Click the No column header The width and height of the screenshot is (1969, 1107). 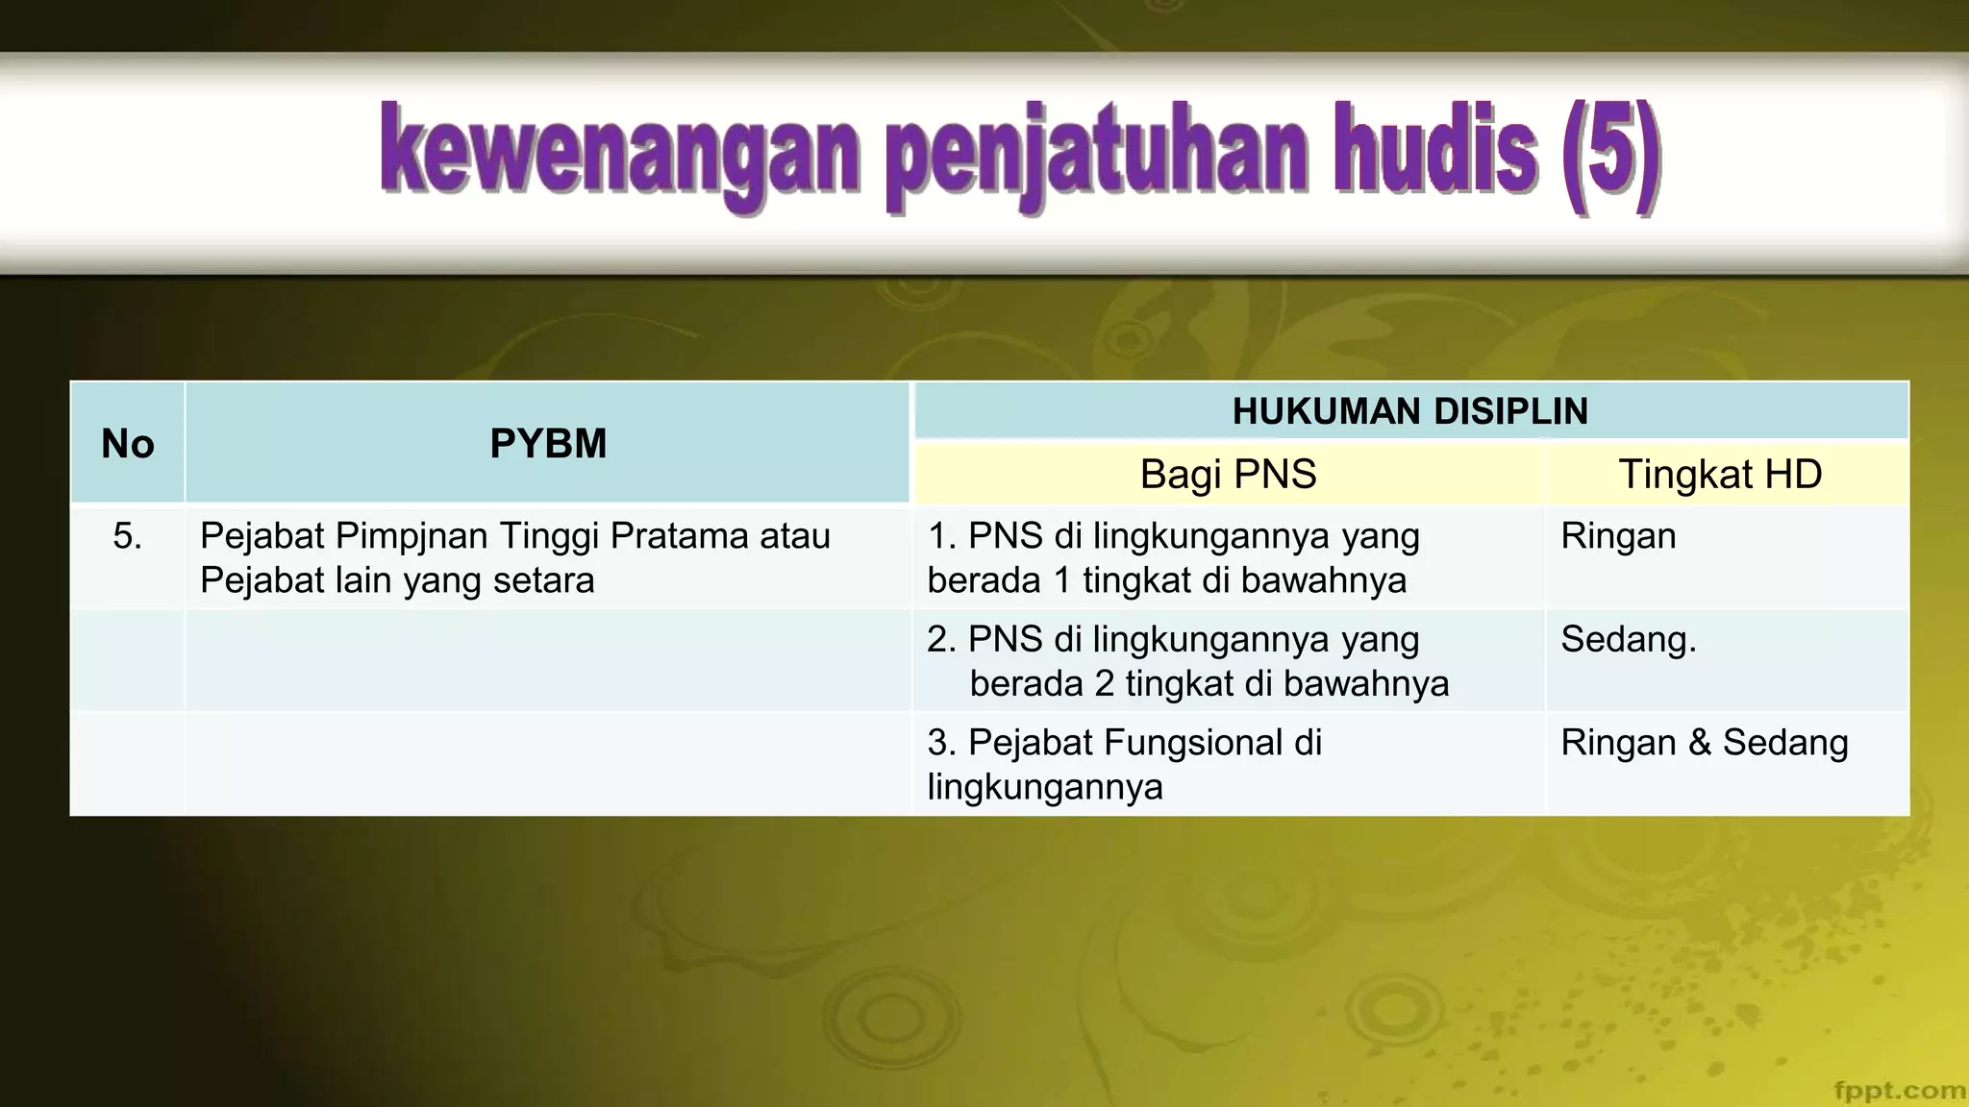(x=127, y=444)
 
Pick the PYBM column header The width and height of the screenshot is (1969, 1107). (x=548, y=444)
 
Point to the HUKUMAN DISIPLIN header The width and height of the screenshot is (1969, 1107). (x=1409, y=411)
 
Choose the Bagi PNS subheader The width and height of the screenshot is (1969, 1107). (x=1228, y=475)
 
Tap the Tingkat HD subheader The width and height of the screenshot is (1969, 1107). (x=1720, y=475)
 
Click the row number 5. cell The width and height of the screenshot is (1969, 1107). (x=127, y=536)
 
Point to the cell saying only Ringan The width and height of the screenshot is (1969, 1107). (x=1618, y=536)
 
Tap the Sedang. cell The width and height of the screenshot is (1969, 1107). (x=1628, y=640)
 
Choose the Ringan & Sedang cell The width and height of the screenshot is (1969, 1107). (x=1704, y=743)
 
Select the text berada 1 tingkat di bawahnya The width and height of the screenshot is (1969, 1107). (x=1166, y=581)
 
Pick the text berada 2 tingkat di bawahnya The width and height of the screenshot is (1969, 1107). (x=1209, y=684)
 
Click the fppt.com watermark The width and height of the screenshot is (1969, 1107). (x=1898, y=1090)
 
